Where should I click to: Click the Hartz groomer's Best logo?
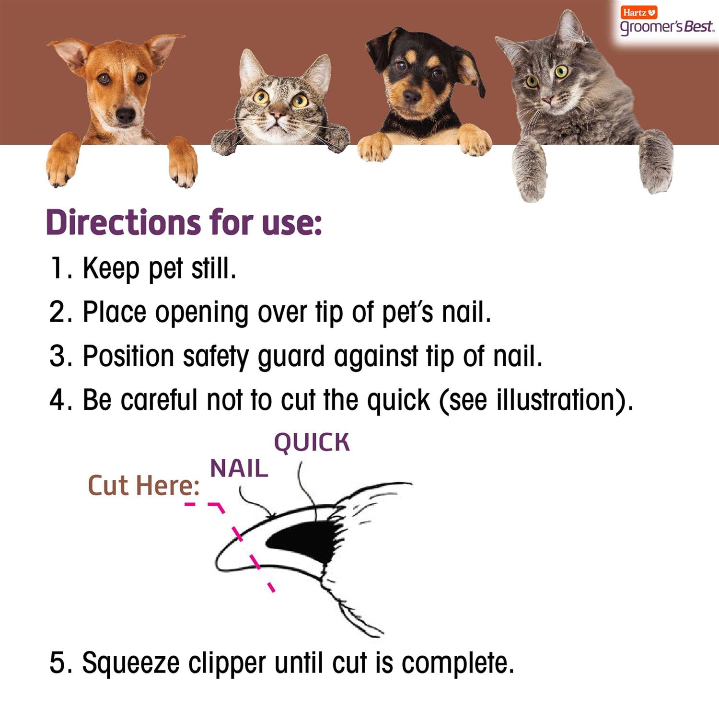666,22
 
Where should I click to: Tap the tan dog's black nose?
125,115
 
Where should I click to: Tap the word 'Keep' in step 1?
110,268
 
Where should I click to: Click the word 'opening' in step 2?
201,313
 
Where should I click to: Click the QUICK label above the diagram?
312,442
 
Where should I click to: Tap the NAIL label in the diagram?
239,468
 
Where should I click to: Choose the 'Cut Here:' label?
143,486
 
